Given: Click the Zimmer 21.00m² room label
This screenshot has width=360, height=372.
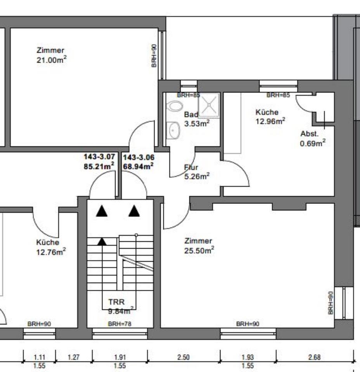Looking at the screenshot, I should point(50,55).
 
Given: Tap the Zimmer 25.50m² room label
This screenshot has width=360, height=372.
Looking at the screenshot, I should point(199,246).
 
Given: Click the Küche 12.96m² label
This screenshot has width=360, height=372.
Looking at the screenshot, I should point(270,116).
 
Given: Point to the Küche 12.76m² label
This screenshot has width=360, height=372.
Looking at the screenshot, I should point(50,247).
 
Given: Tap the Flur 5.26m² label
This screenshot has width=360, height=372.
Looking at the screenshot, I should point(196,172).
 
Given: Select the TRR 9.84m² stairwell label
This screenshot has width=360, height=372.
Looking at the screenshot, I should point(120,305).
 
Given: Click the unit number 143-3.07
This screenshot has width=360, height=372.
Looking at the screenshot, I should point(99,157).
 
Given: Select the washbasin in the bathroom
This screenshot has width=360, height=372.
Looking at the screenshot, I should point(173,130).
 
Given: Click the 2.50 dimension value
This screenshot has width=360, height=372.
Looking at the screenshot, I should point(183,357).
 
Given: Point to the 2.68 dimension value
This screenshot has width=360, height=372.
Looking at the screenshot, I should point(314,357).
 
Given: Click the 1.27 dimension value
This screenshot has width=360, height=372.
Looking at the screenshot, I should point(74,357).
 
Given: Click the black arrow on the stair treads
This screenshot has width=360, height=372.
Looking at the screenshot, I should point(102,242).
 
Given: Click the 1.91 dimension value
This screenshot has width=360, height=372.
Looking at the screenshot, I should point(120,357).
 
